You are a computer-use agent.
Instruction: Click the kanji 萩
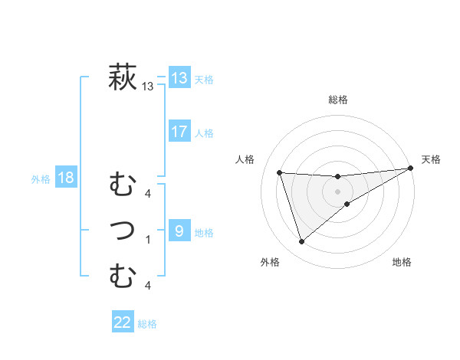pos(123,77)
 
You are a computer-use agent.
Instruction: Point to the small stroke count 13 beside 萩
pos(148,87)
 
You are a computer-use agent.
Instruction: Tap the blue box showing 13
pos(179,77)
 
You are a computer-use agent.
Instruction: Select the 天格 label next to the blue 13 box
pos(204,79)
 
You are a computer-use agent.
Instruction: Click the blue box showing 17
pos(179,131)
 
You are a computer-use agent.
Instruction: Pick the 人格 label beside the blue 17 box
pos(204,133)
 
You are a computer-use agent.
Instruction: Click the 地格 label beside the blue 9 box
pos(204,233)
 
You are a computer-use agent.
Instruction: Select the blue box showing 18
pos(66,178)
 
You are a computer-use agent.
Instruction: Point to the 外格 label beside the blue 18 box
pos(41,180)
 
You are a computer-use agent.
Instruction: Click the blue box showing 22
pos(123,322)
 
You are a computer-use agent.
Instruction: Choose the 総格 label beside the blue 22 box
pos(147,324)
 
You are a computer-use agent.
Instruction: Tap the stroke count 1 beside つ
pos(148,239)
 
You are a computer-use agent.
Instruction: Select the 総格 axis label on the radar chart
pos(338,100)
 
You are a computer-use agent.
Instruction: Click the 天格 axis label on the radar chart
pos(431,159)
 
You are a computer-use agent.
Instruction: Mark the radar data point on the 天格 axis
pos(411,169)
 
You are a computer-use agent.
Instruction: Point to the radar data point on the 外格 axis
pos(301,242)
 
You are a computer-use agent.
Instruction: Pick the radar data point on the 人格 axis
pos(280,173)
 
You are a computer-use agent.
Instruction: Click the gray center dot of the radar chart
pos(338,191)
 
